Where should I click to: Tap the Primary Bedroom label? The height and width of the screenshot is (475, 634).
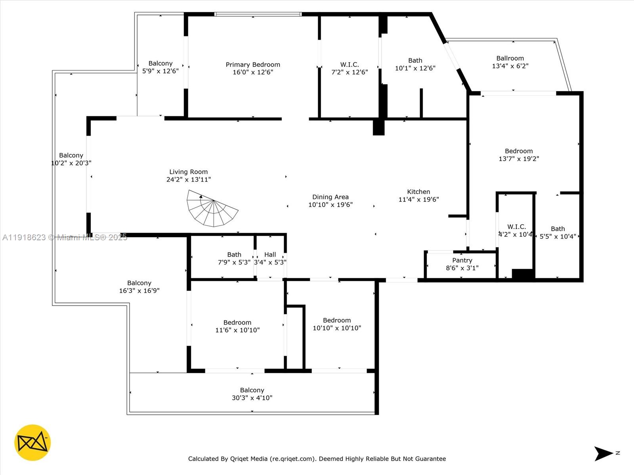coord(253,65)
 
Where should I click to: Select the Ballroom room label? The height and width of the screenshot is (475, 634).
coord(510,58)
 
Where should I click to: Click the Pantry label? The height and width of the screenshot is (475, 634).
coord(462,260)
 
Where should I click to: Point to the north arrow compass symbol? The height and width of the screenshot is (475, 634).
coord(604,454)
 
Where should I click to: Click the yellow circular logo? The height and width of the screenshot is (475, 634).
coord(32,443)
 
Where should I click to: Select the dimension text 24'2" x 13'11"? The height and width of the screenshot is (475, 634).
coord(188,179)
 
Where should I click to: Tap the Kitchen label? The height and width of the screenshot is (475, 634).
coord(418,192)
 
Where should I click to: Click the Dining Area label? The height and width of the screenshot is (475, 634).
coord(330,197)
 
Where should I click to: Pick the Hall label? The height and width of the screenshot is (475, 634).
coord(270,255)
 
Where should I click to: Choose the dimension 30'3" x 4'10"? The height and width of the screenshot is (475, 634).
coord(252,398)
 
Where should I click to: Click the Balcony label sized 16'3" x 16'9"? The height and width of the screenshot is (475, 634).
coord(139,283)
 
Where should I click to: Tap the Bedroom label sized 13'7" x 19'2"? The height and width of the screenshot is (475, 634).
coord(519,151)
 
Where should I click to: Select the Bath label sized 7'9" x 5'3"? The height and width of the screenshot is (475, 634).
coord(234,255)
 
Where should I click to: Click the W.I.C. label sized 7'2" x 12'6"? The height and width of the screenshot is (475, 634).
coord(349,65)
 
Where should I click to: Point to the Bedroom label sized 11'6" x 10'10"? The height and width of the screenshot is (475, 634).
coord(237,322)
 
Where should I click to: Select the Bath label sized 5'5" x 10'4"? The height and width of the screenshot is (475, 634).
coord(558,229)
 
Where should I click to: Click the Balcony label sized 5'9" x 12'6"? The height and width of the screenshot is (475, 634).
coord(160,63)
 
